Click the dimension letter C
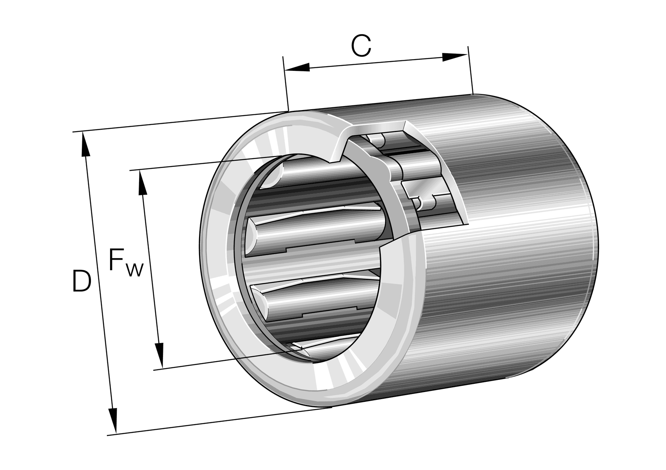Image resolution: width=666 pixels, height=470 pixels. (x=361, y=46)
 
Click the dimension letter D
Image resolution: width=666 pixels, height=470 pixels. (x=81, y=281)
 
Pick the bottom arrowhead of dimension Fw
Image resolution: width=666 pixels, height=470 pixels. (x=159, y=355)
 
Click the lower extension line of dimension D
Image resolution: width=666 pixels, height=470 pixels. (x=219, y=421)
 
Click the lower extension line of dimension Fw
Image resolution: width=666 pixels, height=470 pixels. (x=215, y=361)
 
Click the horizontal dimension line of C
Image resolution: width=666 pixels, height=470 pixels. (x=376, y=63)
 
